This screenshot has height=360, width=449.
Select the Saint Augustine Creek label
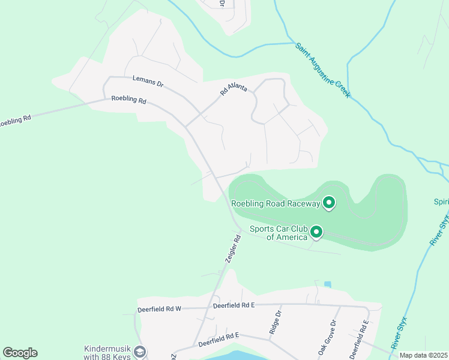[322, 70]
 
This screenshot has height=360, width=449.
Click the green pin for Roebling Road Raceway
[328, 203]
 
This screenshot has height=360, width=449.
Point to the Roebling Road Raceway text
[276, 204]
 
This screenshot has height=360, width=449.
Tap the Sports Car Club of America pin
[316, 232]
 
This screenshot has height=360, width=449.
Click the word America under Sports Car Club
[286, 237]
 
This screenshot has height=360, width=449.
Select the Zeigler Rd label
[233, 248]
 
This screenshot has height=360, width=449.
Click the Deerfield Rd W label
[159, 309]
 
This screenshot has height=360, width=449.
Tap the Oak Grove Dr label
[327, 339]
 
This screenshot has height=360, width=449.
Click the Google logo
[20, 353]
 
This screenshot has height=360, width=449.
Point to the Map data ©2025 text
[423, 355]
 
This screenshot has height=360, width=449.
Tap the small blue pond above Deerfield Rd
[327, 284]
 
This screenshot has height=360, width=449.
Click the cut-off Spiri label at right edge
[441, 202]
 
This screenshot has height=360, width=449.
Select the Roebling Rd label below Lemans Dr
[129, 100]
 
